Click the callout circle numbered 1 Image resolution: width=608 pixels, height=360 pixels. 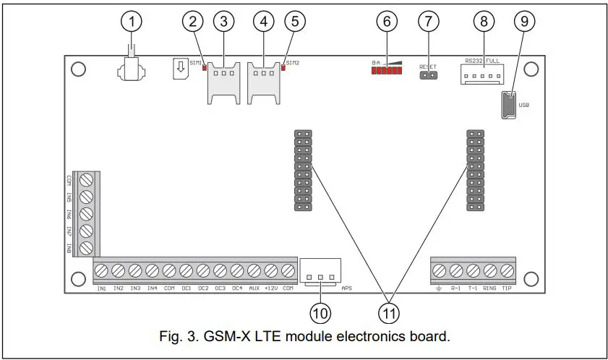coord(131,22)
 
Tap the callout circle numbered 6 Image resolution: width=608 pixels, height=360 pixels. coord(388,22)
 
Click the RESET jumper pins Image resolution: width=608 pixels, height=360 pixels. coord(428,75)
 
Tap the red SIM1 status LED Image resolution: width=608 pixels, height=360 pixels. coord(205,69)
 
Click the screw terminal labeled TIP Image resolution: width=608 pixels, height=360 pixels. coord(507,271)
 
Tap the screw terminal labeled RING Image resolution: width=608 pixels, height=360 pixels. coord(490,271)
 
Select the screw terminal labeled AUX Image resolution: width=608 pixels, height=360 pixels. coord(254,271)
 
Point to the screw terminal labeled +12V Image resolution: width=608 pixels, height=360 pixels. coord(271,271)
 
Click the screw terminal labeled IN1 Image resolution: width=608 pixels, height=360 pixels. coord(102,271)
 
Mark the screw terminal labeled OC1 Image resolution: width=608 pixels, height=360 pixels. coord(187,271)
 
